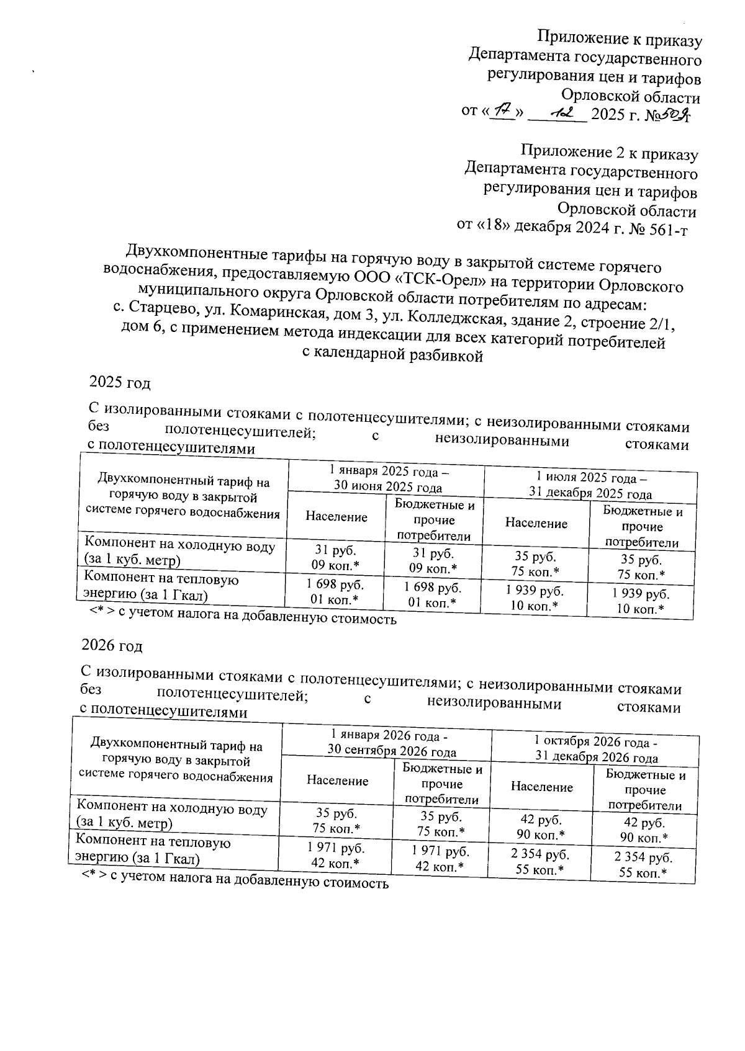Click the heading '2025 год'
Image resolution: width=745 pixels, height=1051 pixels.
pyautogui.click(x=120, y=383)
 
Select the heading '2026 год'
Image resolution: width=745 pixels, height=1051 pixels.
pyautogui.click(x=112, y=646)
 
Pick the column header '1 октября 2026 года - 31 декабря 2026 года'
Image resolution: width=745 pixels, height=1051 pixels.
pyautogui.click(x=596, y=749)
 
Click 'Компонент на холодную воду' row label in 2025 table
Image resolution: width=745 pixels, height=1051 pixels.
pyautogui.click(x=179, y=553)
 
